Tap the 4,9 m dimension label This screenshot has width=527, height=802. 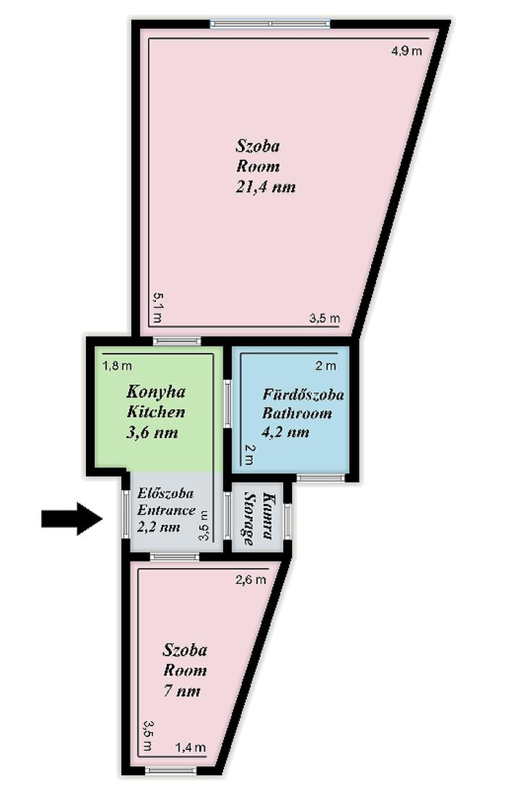click(x=407, y=51)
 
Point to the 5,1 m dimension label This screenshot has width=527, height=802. click(x=157, y=307)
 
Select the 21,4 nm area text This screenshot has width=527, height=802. click(x=266, y=187)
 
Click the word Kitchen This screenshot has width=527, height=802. click(x=156, y=412)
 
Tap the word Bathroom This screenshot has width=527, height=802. click(x=297, y=413)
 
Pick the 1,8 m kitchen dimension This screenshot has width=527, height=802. click(x=117, y=366)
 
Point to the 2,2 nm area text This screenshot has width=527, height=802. click(x=158, y=527)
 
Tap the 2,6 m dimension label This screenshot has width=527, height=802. click(x=251, y=580)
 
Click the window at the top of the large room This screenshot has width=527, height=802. click(x=270, y=24)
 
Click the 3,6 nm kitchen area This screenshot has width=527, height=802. click(x=152, y=433)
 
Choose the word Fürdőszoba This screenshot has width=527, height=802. click(x=303, y=394)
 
